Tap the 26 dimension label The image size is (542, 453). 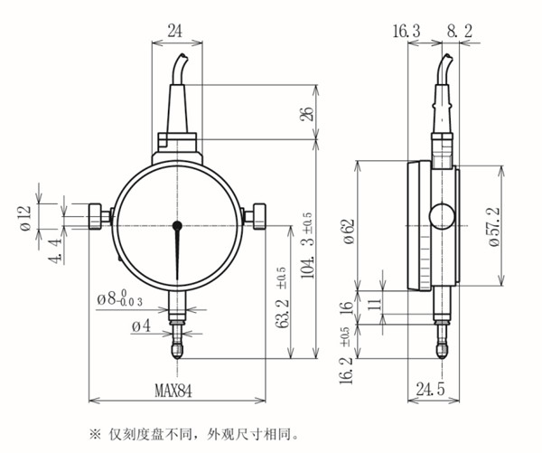pyautogui.click(x=308, y=114)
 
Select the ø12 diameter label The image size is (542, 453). pyautogui.click(x=24, y=215)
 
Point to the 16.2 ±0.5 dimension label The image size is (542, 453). pyautogui.click(x=344, y=361)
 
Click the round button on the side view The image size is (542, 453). pyautogui.click(x=443, y=216)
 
